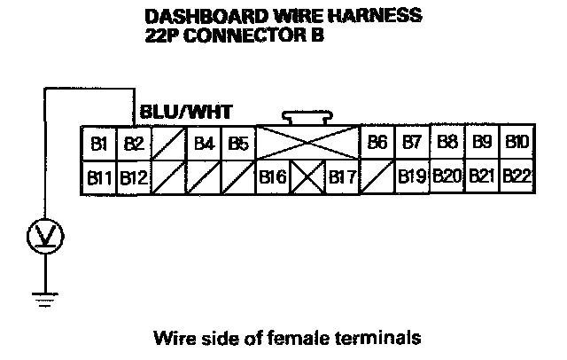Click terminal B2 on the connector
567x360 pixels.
(x=134, y=142)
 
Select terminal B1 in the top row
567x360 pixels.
(x=98, y=142)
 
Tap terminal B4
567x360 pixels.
(x=205, y=142)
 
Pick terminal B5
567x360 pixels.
(x=238, y=142)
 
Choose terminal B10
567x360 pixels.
(x=517, y=142)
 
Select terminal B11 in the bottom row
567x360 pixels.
(x=98, y=177)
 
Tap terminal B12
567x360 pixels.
(x=134, y=177)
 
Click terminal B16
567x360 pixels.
(x=273, y=177)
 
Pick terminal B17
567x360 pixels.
(x=342, y=177)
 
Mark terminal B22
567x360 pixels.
(x=517, y=177)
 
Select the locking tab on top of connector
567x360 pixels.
(x=307, y=117)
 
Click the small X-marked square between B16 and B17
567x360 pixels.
(x=307, y=177)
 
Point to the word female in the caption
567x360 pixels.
(x=304, y=337)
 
